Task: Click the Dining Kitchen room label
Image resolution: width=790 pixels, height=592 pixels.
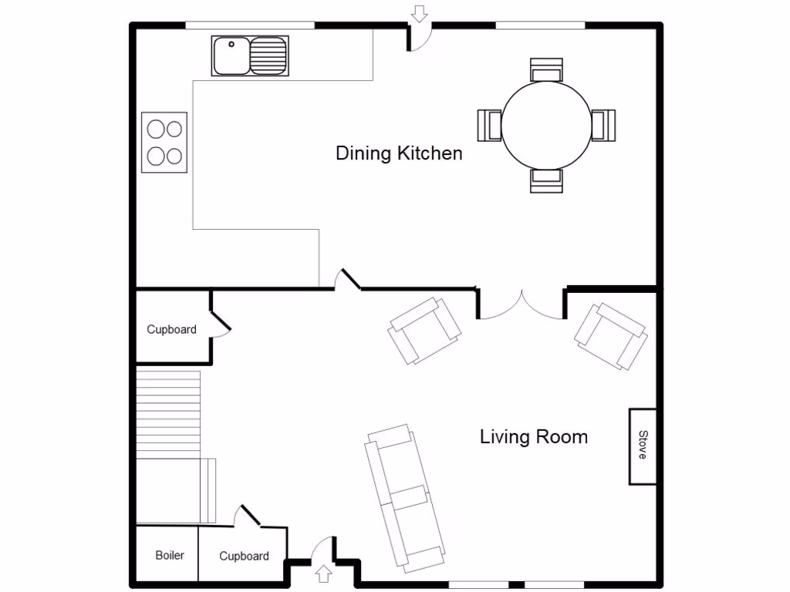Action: pyautogui.click(x=399, y=153)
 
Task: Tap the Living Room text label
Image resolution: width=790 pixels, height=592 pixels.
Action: pyautogui.click(x=533, y=437)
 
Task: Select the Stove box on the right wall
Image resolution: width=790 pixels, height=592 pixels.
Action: pyautogui.click(x=642, y=446)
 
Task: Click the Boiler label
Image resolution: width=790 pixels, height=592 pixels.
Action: pyautogui.click(x=170, y=555)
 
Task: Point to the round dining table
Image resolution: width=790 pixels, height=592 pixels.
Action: pyautogui.click(x=546, y=125)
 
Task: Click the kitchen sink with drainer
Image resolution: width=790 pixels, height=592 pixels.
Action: pyautogui.click(x=249, y=55)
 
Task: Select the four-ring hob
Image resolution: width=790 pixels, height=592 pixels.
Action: pyautogui.click(x=164, y=142)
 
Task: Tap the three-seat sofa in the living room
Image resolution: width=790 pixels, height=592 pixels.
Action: pyautogui.click(x=406, y=496)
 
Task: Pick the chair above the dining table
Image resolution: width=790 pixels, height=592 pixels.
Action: pyautogui.click(x=546, y=69)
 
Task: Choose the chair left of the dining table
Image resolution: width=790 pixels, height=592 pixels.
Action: pyautogui.click(x=491, y=125)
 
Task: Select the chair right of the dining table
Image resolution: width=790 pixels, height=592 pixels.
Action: pyautogui.click(x=603, y=125)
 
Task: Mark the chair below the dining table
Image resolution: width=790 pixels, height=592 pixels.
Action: pyautogui.click(x=546, y=180)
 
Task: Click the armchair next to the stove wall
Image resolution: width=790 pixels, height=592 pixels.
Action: pyautogui.click(x=610, y=336)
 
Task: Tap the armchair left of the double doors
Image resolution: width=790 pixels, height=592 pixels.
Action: pyautogui.click(x=424, y=331)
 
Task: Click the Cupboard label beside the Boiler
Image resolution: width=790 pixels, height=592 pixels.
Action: pyautogui.click(x=244, y=556)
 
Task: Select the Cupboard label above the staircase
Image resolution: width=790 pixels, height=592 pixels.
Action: pyautogui.click(x=171, y=329)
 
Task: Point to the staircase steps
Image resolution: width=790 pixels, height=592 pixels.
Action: pyautogui.click(x=169, y=413)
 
